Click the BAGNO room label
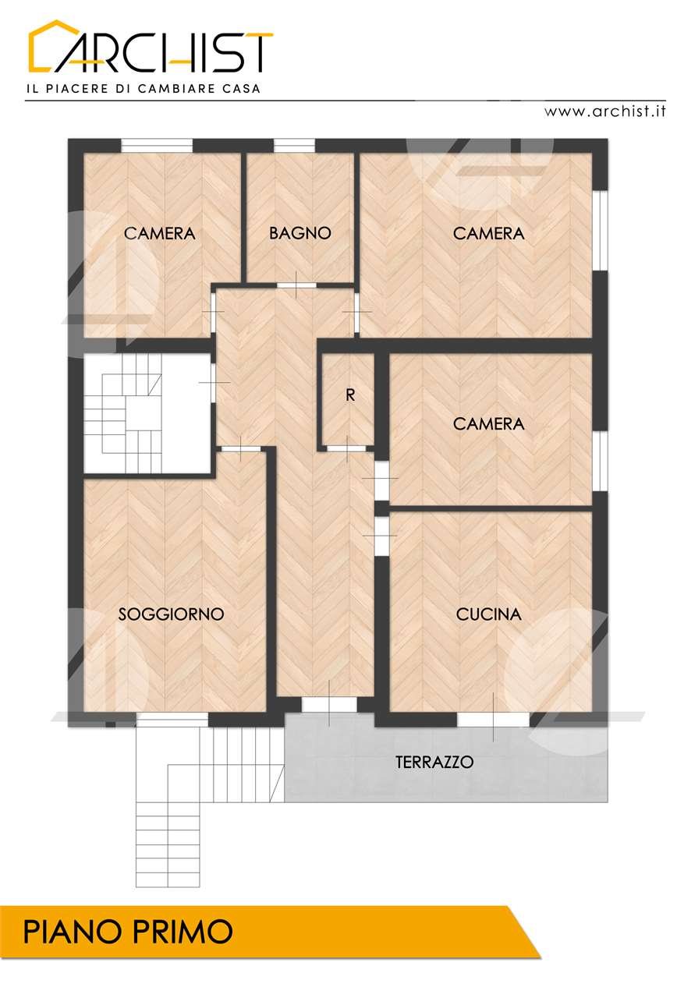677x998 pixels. pos(300,233)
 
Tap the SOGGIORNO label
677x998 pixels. pos(171,614)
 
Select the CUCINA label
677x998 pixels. pos(488,614)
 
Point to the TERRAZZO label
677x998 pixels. pos(434,762)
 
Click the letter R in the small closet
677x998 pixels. pos(350,395)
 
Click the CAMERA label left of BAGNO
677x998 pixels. pos(160,233)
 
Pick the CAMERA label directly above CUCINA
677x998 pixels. pos(488,423)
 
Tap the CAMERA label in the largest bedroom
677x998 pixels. pos(488,233)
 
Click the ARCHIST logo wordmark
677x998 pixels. pos(151,46)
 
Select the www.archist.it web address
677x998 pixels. pos(604,111)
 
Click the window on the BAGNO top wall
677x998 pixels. pos(294,146)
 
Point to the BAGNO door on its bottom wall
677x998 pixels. pos(296,285)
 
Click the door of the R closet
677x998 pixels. pos(347,448)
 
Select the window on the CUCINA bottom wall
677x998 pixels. pos(494,720)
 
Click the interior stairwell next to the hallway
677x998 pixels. pos(147,413)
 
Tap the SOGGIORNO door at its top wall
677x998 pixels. pos(241,449)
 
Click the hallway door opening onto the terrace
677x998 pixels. pos(329,704)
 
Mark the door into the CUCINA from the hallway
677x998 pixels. pos(381,536)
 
